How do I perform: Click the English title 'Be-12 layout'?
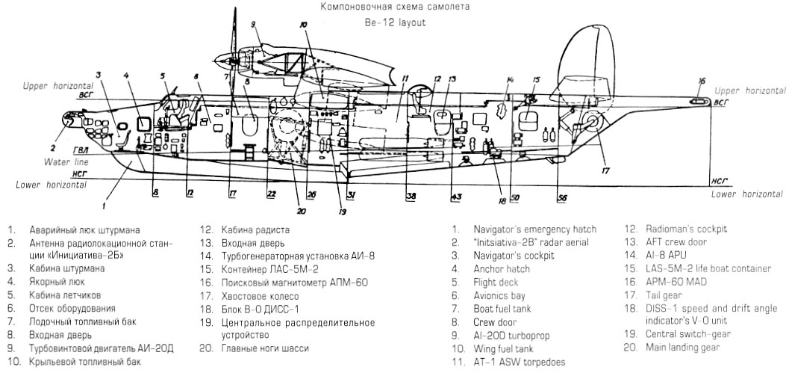click(395, 22)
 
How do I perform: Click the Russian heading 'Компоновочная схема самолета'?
click(395, 7)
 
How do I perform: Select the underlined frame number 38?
click(411, 196)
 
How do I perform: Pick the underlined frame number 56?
click(562, 197)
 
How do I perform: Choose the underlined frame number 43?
click(455, 196)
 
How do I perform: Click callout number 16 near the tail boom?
click(701, 81)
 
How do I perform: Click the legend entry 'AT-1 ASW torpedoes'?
click(520, 363)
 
